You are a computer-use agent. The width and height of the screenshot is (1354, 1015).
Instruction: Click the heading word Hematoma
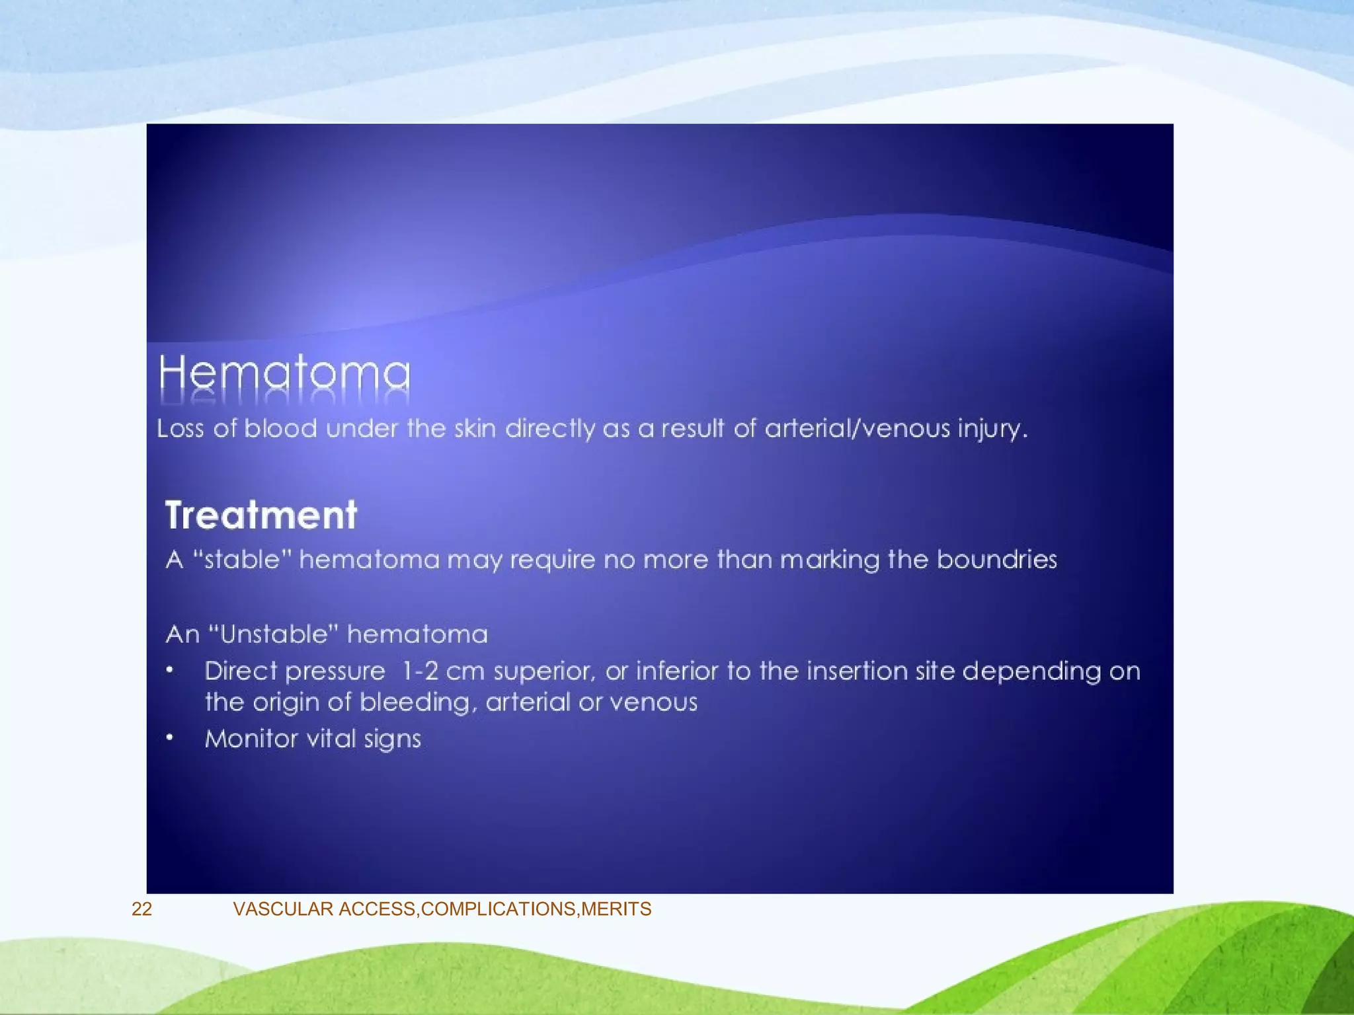point(284,374)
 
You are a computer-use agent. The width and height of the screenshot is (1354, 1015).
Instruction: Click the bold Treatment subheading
point(261,515)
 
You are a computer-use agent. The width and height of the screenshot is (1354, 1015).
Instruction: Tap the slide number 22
point(141,909)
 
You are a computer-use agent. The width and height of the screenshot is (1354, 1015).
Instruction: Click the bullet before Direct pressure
point(170,671)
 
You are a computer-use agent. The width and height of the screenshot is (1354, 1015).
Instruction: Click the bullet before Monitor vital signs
point(170,737)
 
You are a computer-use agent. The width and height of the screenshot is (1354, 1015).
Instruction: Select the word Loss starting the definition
point(180,429)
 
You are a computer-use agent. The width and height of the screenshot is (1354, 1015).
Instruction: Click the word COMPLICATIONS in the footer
point(499,909)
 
